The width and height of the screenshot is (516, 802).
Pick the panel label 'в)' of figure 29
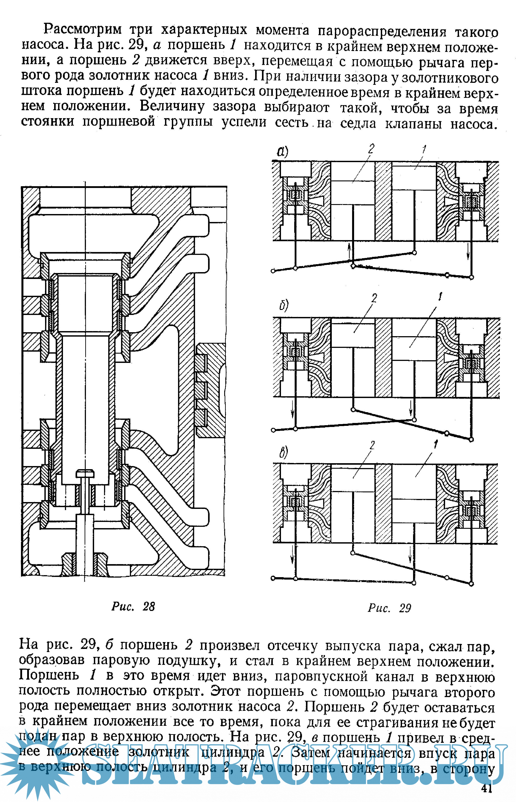(283, 452)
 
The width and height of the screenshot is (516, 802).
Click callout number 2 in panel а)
(371, 149)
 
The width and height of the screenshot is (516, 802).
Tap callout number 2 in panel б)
(374, 298)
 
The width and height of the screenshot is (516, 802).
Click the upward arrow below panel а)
(349, 251)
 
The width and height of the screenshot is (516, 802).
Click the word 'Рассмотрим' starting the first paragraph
(82, 29)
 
